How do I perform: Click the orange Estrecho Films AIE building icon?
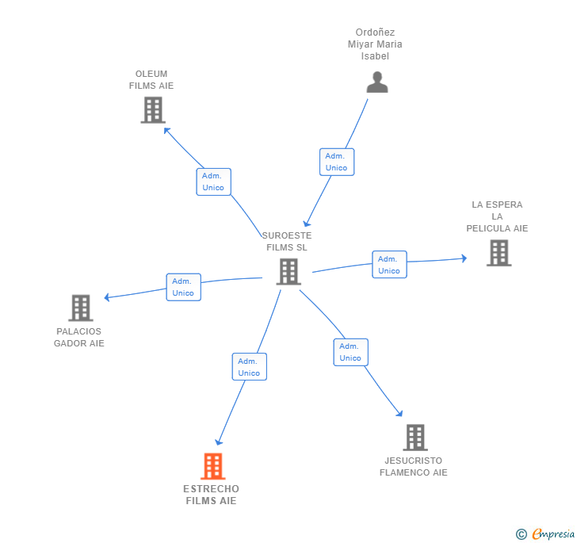point(212,466)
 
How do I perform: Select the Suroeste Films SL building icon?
point(288,271)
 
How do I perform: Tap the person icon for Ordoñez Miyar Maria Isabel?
point(377,82)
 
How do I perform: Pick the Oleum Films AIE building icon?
point(153,110)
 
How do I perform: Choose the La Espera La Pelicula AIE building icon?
point(499,253)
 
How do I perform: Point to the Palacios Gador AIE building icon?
point(81,308)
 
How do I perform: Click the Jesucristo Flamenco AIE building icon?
point(415,437)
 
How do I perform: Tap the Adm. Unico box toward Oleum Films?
point(213,182)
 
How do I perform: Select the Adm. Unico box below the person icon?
point(336,162)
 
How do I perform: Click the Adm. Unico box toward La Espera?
point(389,265)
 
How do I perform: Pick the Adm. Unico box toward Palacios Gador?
point(183,287)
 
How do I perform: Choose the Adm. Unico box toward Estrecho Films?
point(249,367)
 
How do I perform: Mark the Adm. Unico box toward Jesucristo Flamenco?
point(350,352)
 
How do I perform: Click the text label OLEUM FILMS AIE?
point(151,80)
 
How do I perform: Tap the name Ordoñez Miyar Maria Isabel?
point(375,44)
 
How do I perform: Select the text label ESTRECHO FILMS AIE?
point(212,495)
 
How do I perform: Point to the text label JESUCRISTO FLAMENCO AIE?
point(414,467)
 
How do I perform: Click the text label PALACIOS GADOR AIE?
point(79,338)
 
